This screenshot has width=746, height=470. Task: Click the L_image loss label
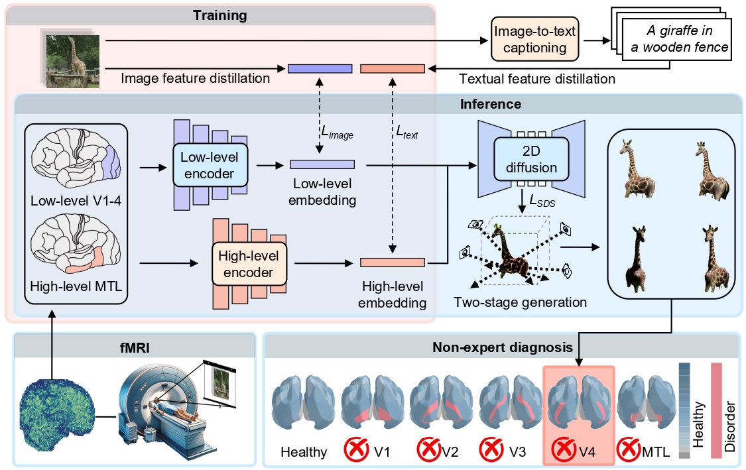(336, 135)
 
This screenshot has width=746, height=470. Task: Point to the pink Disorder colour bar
(716, 410)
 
